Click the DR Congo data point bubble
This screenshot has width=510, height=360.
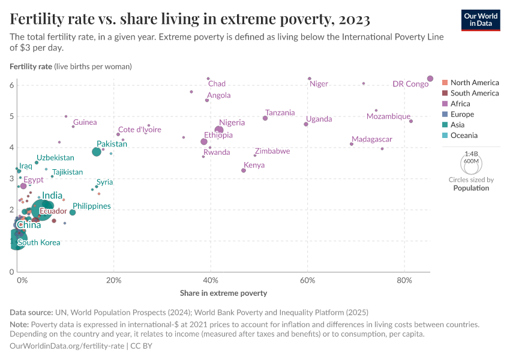tap(430, 79)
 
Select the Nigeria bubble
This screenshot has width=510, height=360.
tap(219, 130)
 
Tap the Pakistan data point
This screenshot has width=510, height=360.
tap(97, 152)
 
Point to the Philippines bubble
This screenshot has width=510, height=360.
tap(73, 212)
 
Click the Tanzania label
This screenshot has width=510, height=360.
tap(280, 113)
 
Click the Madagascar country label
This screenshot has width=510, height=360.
tap(372, 139)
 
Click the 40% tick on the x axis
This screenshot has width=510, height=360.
tap(211, 281)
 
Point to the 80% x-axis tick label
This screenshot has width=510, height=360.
tap(404, 281)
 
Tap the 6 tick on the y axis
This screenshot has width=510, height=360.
tap(11, 85)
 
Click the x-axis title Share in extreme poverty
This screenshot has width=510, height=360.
tap(223, 293)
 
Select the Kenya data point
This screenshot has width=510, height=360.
tap(244, 170)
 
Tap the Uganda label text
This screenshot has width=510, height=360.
tap(319, 119)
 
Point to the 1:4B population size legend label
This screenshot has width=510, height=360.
tap(472, 154)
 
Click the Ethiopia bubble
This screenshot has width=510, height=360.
tap(204, 142)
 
